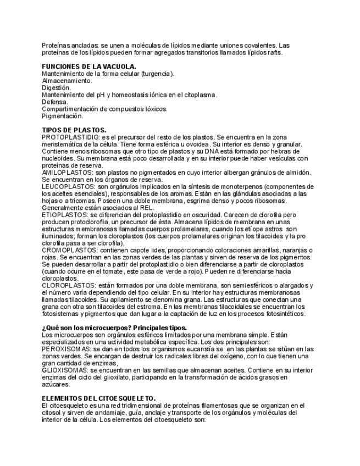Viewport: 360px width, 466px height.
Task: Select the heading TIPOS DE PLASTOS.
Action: (74, 130)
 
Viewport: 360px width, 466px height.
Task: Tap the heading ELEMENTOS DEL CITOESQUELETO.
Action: (99, 398)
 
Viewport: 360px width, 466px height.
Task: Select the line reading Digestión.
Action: (56, 88)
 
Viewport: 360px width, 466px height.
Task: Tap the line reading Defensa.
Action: (55, 102)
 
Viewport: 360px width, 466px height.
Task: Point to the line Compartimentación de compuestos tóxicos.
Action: (104, 109)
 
